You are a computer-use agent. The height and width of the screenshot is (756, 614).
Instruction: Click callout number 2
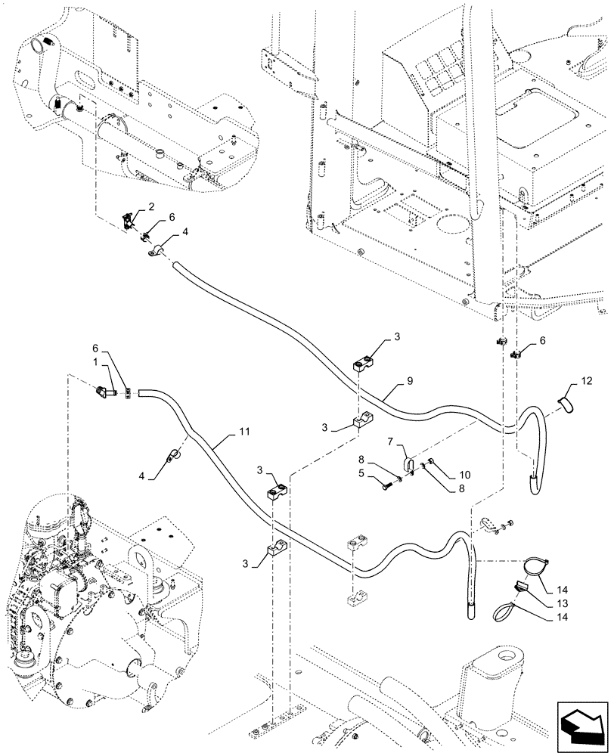tap(151, 206)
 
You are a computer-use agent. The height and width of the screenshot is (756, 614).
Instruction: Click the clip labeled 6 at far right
tap(518, 352)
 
